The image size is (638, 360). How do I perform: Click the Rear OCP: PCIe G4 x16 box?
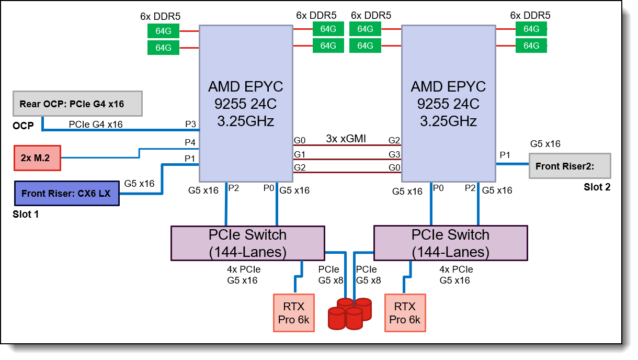click(x=77, y=104)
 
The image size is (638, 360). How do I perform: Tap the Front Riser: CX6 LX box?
click(x=66, y=193)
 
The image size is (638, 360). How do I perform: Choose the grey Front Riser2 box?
click(x=569, y=166)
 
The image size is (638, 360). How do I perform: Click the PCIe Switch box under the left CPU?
click(x=247, y=243)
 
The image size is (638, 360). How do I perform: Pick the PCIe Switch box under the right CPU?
click(x=450, y=243)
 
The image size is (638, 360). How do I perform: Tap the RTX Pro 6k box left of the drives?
click(x=294, y=312)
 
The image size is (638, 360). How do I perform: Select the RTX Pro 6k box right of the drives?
click(x=405, y=312)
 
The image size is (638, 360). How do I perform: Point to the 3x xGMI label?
click(x=345, y=139)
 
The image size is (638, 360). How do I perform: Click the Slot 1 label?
click(x=26, y=213)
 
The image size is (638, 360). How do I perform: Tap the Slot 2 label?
click(x=597, y=187)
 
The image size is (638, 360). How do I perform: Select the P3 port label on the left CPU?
click(x=190, y=124)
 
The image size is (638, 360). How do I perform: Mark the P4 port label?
click(x=190, y=142)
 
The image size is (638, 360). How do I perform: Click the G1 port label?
click(x=300, y=154)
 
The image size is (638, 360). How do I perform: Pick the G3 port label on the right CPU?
click(x=394, y=154)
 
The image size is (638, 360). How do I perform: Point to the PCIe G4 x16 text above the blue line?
click(x=96, y=124)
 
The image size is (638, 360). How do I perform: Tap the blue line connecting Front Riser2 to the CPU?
click(x=512, y=164)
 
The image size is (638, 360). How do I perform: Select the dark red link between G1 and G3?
click(x=345, y=159)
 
